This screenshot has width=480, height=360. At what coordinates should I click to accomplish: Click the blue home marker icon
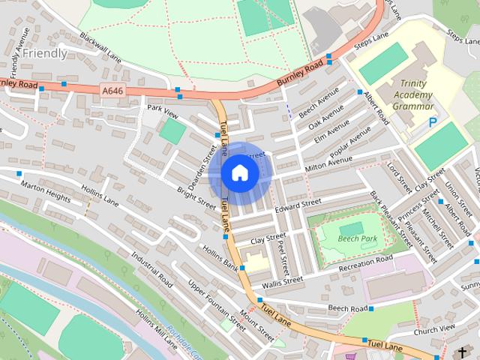(x=238, y=173)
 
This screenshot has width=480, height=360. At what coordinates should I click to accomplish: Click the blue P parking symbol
(x=432, y=122)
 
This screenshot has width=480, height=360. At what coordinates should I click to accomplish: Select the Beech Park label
(x=356, y=238)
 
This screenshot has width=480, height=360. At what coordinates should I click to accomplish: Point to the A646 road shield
(x=112, y=90)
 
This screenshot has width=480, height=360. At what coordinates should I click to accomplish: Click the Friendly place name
(x=44, y=53)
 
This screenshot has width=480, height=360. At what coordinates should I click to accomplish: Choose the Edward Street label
(x=298, y=204)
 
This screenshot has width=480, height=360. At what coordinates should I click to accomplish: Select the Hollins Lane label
(x=100, y=194)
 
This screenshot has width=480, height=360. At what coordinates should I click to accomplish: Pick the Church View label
(x=434, y=328)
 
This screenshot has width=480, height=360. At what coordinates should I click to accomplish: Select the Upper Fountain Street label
(x=216, y=306)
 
